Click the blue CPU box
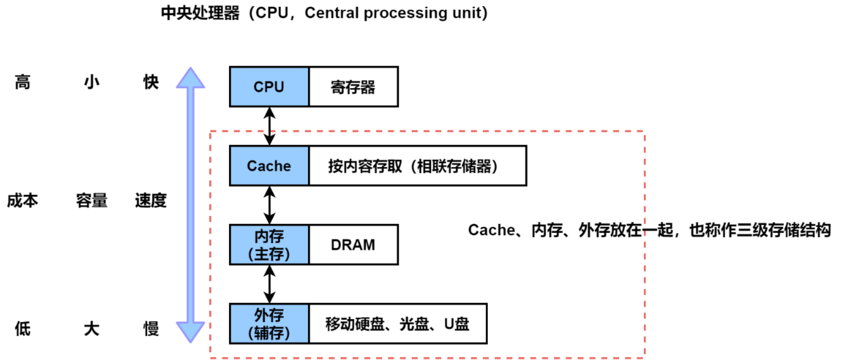[x=269, y=87]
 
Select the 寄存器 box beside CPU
[x=353, y=87]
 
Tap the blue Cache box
[x=269, y=166]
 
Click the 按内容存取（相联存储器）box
[x=417, y=166]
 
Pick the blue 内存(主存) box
[x=269, y=245]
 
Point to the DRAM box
[x=353, y=245]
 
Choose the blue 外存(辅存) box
[x=269, y=324]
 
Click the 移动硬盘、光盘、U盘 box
[x=397, y=324]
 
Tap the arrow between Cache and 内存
[x=270, y=205]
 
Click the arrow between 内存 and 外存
[x=270, y=284]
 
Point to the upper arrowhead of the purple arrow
[x=191, y=76]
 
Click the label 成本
[x=22, y=201]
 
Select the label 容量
[x=92, y=201]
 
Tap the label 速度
[x=151, y=201]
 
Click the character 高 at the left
[x=22, y=83]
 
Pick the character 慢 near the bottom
[x=151, y=329]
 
